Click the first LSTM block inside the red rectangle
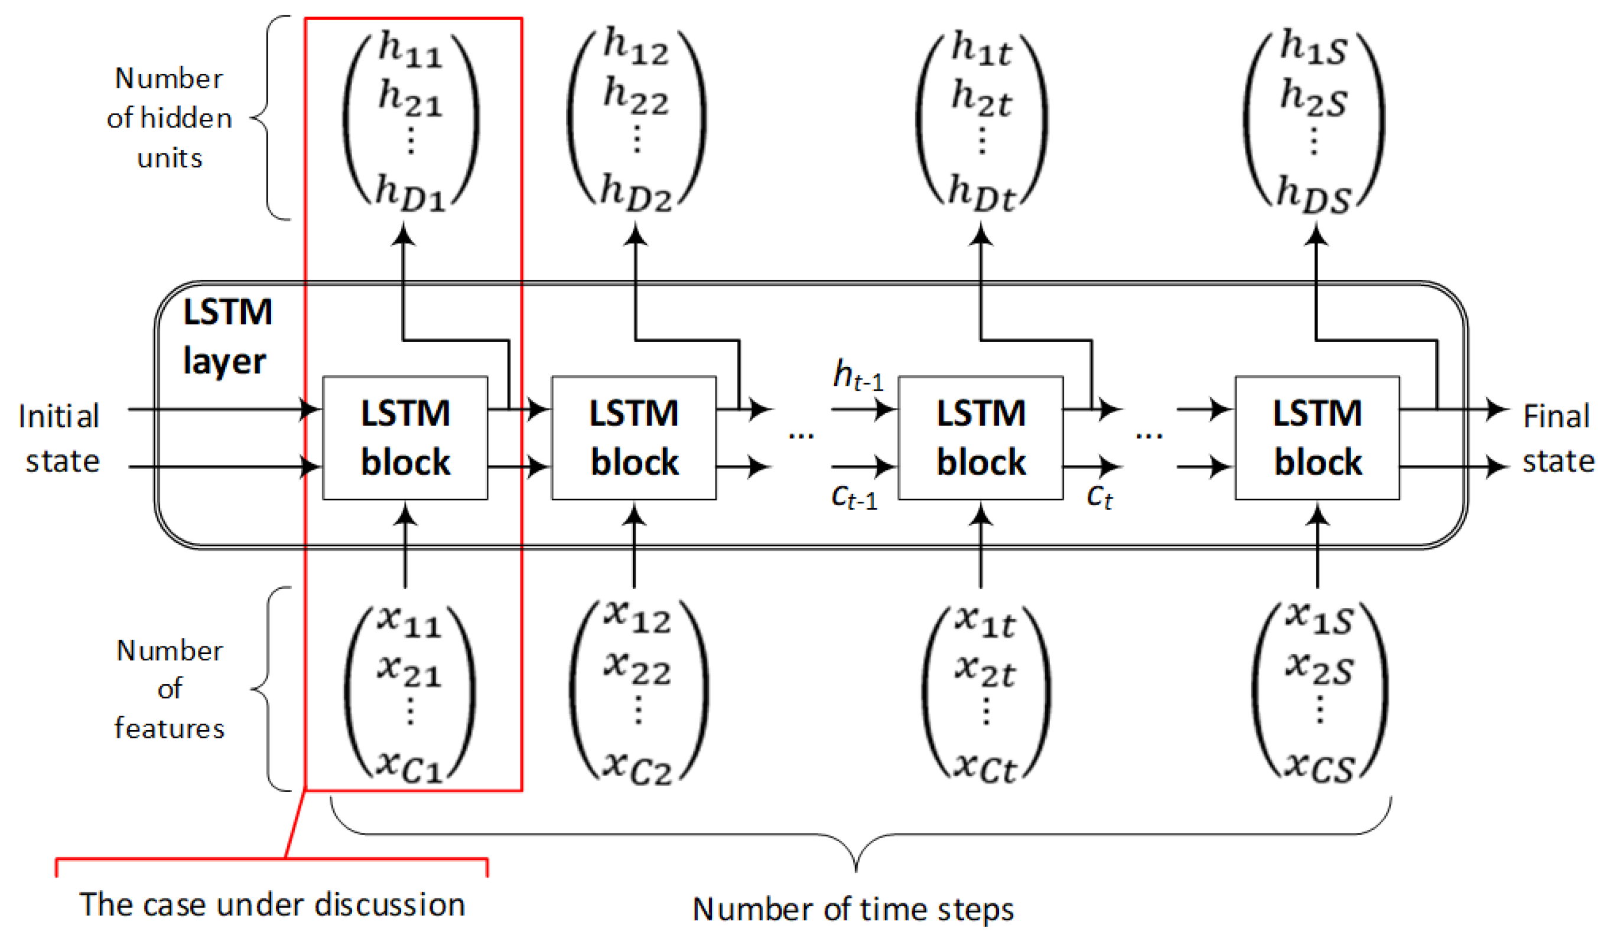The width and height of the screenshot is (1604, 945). point(405,438)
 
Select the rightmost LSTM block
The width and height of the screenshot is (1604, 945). point(1317,438)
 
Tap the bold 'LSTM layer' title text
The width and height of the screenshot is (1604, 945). point(227,336)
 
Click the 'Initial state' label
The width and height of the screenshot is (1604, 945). point(60,438)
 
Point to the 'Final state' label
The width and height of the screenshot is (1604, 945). point(1557,438)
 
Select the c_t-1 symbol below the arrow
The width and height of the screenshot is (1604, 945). point(854,496)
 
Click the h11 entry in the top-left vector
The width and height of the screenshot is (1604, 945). point(410,50)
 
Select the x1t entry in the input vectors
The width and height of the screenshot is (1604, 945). point(985,621)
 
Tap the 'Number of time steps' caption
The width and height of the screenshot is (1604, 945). point(853,909)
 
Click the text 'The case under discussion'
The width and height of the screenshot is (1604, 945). point(272,905)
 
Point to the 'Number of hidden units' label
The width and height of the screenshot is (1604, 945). point(170,119)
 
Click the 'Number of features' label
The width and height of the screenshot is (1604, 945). point(170,689)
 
